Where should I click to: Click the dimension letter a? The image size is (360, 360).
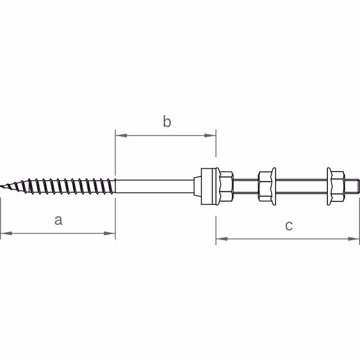(x=58, y=220)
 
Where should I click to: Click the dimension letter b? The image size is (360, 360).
(x=166, y=121)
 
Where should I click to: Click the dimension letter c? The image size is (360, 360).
(x=289, y=226)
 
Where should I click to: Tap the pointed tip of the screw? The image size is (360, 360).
(x=3, y=186)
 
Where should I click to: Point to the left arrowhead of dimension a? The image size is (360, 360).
(x=4, y=233)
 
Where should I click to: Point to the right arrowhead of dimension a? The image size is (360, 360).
(x=111, y=233)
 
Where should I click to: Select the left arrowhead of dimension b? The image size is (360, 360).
(x=120, y=135)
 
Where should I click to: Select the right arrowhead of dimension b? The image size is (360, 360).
(x=211, y=135)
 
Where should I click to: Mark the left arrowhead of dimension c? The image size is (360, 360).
(x=220, y=239)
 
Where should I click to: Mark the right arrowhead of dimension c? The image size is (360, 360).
(x=355, y=239)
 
